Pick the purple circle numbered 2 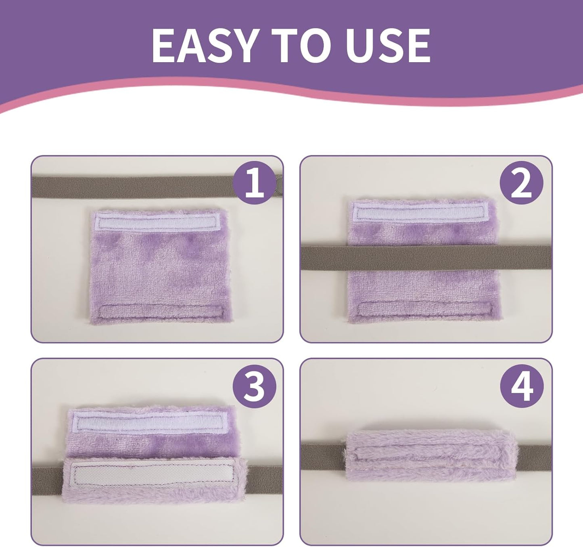coord(521,182)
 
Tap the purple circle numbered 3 coord(254,386)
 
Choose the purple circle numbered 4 coord(522,386)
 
